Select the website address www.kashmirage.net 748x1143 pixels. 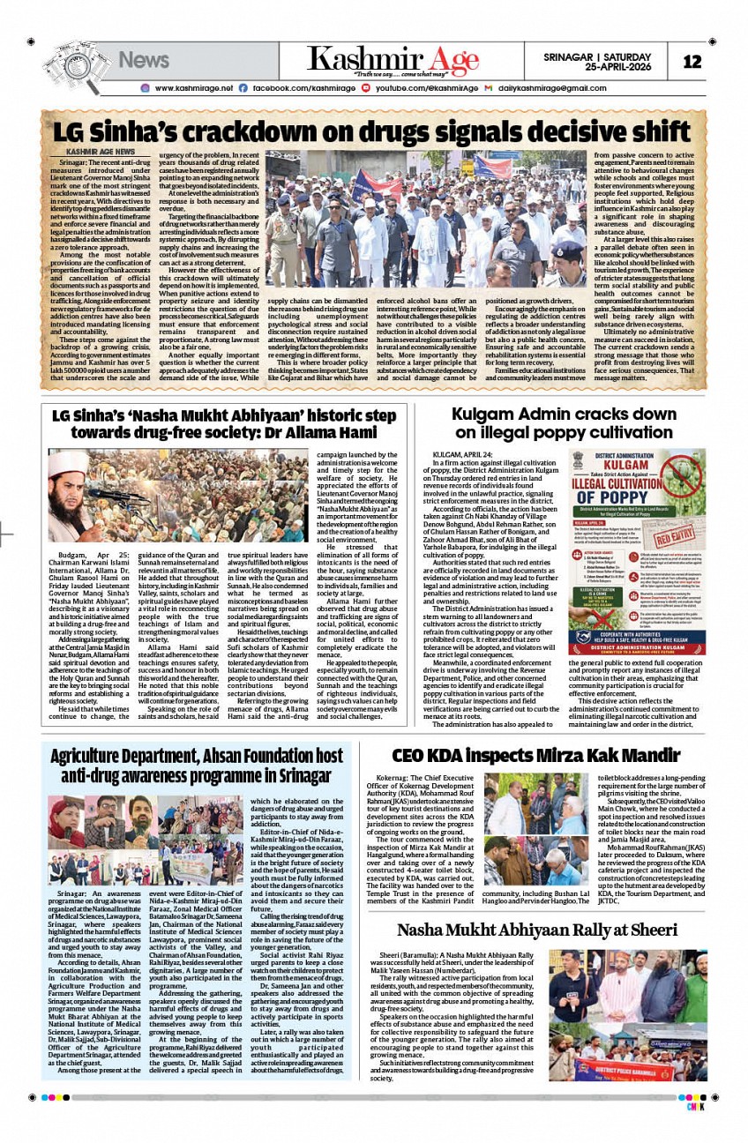[x=193, y=88]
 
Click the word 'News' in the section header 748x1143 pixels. [x=143, y=60]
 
